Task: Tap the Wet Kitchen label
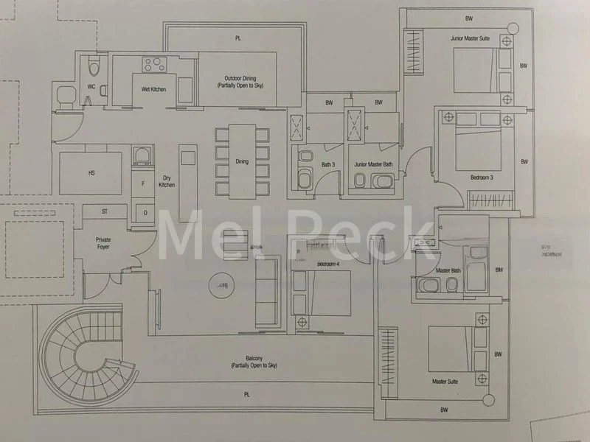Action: click(153, 89)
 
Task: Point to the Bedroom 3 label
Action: click(482, 177)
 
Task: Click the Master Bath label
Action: click(448, 270)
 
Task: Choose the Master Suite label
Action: click(445, 382)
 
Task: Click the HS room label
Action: click(92, 173)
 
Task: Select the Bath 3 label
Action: click(329, 164)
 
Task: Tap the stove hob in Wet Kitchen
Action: click(156, 64)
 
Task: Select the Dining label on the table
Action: click(242, 161)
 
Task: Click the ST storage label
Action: click(105, 211)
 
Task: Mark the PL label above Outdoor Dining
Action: click(237, 37)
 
